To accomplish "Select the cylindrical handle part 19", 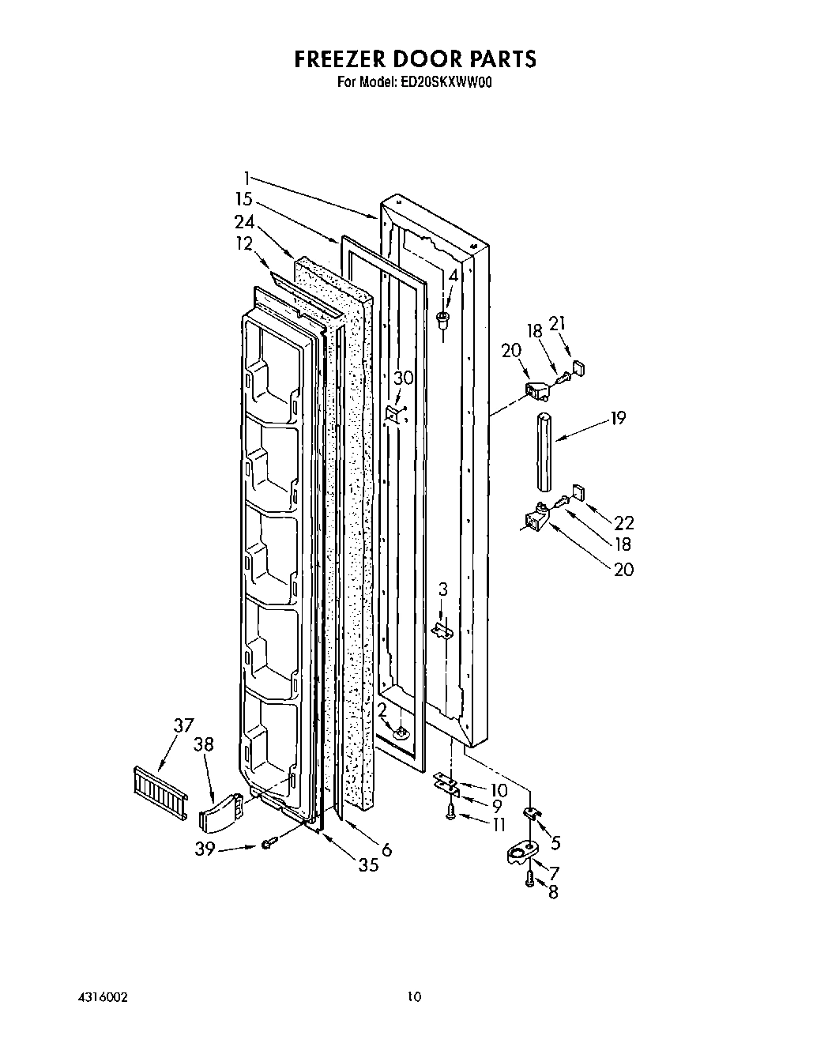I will tap(544, 450).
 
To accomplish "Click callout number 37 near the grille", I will tap(183, 725).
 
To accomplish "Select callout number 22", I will tap(623, 522).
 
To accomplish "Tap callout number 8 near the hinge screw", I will tap(553, 893).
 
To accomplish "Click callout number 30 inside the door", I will tap(403, 378).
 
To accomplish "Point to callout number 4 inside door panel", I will tap(453, 277).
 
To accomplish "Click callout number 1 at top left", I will tap(247, 177).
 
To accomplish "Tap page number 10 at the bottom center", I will tap(414, 997).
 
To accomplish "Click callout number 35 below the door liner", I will tap(368, 864).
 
